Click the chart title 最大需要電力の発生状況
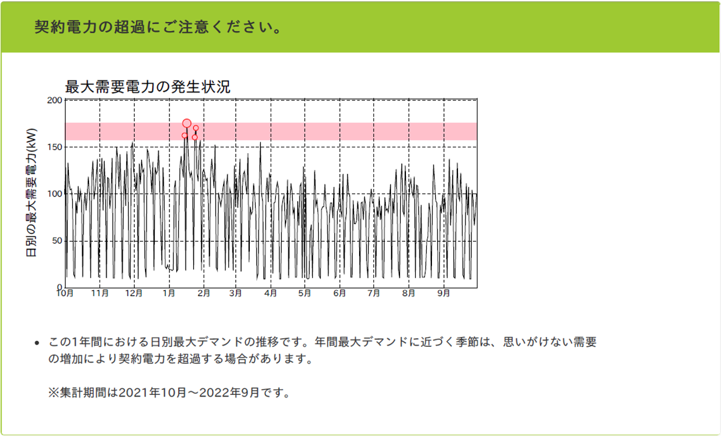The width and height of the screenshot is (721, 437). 148,87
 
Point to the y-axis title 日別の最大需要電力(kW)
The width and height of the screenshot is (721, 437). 31,192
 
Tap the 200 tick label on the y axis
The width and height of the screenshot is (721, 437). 55,101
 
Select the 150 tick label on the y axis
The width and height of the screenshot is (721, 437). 55,147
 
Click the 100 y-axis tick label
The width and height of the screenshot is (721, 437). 55,194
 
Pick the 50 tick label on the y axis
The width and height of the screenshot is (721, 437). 57,240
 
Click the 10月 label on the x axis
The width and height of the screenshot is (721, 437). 65,293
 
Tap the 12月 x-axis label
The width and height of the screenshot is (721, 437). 134,293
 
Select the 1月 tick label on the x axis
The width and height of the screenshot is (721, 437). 169,293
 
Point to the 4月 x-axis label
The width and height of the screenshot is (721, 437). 271,293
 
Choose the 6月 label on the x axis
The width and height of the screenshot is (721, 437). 339,293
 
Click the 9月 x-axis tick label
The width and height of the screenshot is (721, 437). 443,293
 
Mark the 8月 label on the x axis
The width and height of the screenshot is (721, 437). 408,293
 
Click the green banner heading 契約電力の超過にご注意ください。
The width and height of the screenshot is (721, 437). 158,27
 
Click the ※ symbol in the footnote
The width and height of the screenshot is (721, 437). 54,392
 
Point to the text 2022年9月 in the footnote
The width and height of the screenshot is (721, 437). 229,392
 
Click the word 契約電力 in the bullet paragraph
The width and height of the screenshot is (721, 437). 142,358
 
